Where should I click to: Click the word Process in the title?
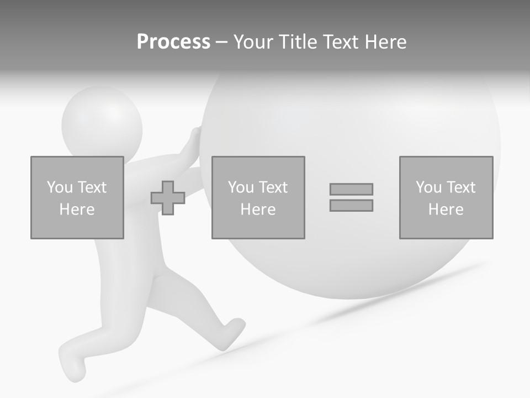(x=173, y=42)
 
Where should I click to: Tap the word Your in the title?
(x=255, y=42)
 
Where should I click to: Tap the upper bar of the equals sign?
(x=351, y=189)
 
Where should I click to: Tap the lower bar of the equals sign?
(x=351, y=205)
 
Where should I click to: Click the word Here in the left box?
(x=77, y=210)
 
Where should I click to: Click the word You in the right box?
(x=429, y=187)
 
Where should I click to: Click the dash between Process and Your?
(x=222, y=42)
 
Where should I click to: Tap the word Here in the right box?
(x=446, y=210)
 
